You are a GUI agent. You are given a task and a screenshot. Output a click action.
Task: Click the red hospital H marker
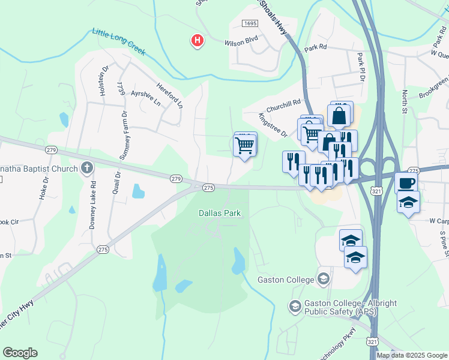click(197, 41)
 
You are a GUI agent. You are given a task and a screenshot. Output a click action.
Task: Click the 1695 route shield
click(250, 23)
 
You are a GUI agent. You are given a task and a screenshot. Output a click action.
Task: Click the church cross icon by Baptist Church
click(88, 168)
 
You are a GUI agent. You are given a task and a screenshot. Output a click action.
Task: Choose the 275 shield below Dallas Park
click(103, 249)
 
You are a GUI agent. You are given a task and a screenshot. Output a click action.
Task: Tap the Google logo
click(20, 353)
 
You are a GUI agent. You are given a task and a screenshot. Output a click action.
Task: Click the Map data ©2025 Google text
click(412, 355)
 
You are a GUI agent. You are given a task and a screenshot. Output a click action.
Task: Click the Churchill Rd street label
click(283, 106)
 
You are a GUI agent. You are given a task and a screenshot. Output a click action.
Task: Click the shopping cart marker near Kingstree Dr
click(244, 144)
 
